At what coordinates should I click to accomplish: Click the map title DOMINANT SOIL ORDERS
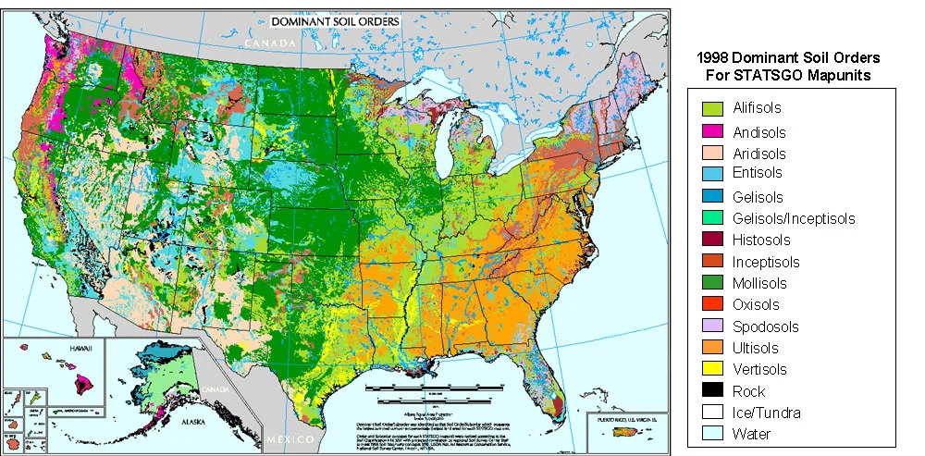[x=336, y=20]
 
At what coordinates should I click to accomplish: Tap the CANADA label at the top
[x=269, y=43]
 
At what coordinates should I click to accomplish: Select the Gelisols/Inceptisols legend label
[x=793, y=219]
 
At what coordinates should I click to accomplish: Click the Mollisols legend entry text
[x=759, y=284]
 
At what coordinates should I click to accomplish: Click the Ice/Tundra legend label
[x=766, y=413]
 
